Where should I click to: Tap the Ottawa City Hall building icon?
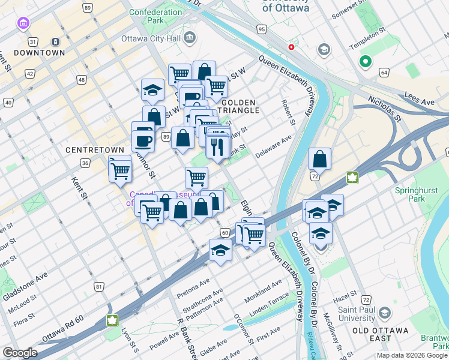[190, 38]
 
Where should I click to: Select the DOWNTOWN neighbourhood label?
[40, 53]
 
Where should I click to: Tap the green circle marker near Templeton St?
[364, 61]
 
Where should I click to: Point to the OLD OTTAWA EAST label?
[380, 331]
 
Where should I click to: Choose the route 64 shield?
[384, 73]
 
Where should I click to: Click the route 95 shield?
[261, 29]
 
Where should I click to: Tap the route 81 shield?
[98, 287]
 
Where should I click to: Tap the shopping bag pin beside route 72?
[319, 160]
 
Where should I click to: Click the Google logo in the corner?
[20, 353]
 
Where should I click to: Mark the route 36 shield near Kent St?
[85, 163]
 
